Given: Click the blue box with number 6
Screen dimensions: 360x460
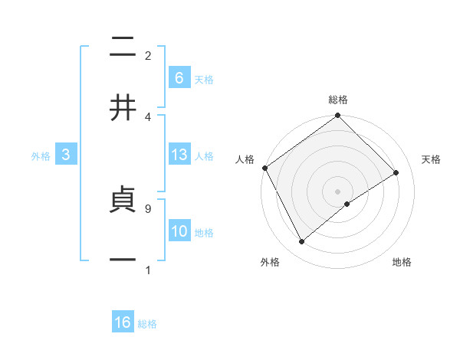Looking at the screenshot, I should pos(179,77).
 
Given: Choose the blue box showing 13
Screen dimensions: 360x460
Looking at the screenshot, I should pos(179,155).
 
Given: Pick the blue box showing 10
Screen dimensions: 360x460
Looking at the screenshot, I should pos(179,231).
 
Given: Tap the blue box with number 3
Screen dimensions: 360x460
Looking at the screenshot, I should pos(66,155).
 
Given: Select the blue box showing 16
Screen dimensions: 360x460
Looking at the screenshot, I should pos(123,322).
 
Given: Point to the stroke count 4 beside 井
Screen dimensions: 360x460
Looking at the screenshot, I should pos(148,116).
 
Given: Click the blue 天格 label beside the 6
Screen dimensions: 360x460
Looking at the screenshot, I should pos(204,79).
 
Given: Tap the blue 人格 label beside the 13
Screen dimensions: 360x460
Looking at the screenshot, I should pos(204,155).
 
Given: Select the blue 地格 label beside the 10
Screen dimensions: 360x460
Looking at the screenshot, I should pos(204,232).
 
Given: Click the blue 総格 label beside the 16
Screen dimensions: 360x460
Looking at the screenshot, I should pos(147,324).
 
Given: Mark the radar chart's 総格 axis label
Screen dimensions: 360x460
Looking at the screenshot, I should pos(338,100).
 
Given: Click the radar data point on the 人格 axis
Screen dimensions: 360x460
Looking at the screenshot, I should pos(264,168).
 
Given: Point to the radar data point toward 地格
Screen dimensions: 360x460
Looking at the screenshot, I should pos(347,204).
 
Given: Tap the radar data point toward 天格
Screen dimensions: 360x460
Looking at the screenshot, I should pos(396,172).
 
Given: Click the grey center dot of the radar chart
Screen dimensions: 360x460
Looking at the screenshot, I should pos(338,191).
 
